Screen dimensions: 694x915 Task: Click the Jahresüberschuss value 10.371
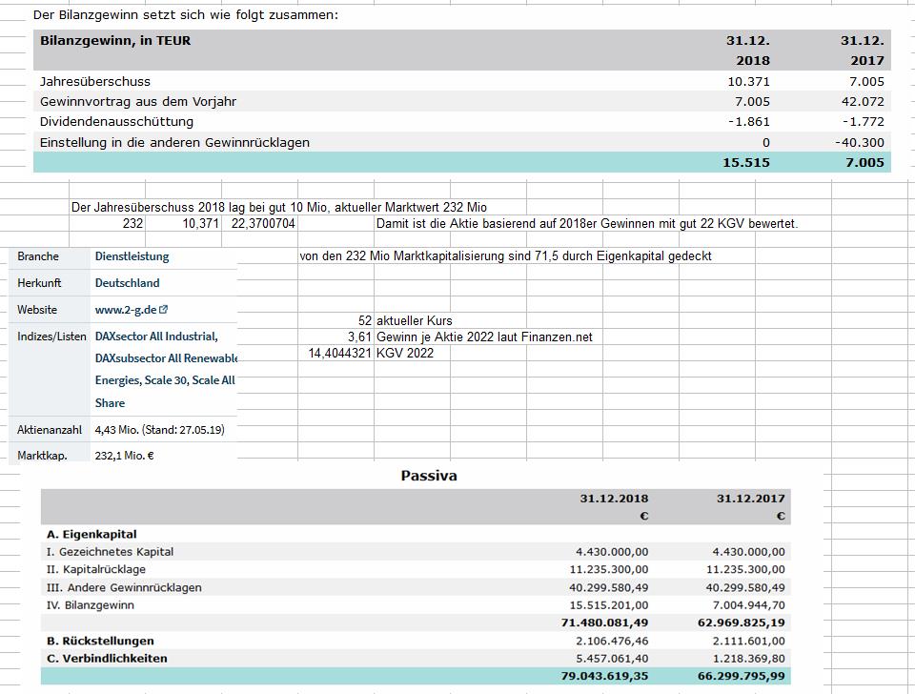pyautogui.click(x=748, y=81)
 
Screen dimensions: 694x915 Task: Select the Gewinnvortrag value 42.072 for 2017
pyautogui.click(x=863, y=101)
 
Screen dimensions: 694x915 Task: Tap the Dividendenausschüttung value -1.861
pyautogui.click(x=748, y=121)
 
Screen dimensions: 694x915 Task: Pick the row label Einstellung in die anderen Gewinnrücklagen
pyautogui.click(x=174, y=142)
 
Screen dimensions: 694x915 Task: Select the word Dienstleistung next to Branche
pyautogui.click(x=132, y=256)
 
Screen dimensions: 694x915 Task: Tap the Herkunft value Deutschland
pyautogui.click(x=127, y=283)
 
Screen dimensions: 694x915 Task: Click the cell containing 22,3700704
pyautogui.click(x=264, y=224)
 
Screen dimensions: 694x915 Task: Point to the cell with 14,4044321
pyautogui.click(x=339, y=353)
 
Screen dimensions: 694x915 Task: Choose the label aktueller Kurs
pyautogui.click(x=415, y=321)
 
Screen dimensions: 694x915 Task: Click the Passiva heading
pyautogui.click(x=429, y=476)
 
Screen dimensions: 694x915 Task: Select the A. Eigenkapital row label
pyautogui.click(x=91, y=534)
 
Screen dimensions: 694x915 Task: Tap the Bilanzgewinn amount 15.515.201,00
pyautogui.click(x=612, y=605)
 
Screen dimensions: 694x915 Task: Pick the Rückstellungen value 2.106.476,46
pyautogui.click(x=612, y=641)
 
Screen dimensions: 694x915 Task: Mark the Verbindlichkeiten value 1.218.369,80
pyautogui.click(x=749, y=659)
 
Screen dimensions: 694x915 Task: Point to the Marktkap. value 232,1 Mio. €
pyautogui.click(x=125, y=456)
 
